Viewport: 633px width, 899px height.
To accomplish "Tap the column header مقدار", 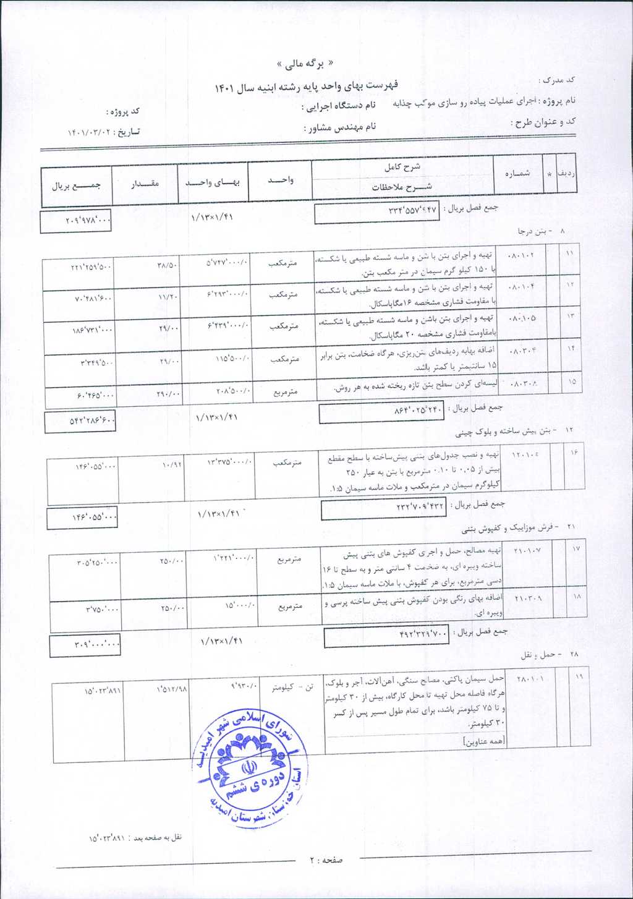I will (x=145, y=184).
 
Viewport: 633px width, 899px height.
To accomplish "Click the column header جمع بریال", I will (x=76, y=185).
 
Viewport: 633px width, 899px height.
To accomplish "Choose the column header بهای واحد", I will (x=213, y=182).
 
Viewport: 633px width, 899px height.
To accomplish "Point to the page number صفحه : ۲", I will (x=326, y=859).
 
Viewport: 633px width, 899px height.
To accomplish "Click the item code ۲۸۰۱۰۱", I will (x=530, y=679).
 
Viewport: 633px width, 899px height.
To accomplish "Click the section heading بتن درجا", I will (x=532, y=231).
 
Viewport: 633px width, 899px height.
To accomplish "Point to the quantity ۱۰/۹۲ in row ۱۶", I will (x=172, y=465).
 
